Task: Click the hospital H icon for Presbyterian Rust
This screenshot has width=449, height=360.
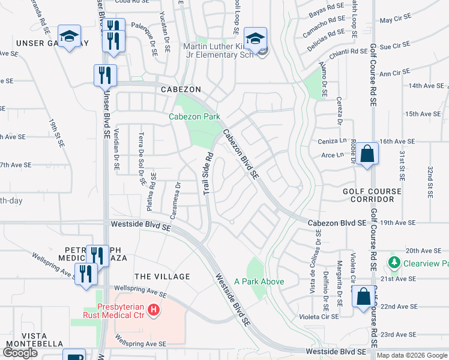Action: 154,310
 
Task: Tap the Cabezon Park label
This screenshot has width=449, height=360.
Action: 194,116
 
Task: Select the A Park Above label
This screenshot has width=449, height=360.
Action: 259,281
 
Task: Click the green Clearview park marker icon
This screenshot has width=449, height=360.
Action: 394,262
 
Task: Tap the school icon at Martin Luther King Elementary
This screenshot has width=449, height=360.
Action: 255,40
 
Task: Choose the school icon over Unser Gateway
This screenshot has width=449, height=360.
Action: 69,36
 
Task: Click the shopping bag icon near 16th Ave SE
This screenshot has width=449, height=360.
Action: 367,154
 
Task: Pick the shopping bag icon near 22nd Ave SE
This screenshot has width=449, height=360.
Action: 364,296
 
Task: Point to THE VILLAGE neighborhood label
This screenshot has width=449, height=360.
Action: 162,277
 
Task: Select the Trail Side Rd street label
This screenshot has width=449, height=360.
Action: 207,173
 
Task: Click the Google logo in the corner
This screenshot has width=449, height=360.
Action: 21,353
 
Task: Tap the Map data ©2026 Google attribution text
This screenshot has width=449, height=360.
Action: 412,355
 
